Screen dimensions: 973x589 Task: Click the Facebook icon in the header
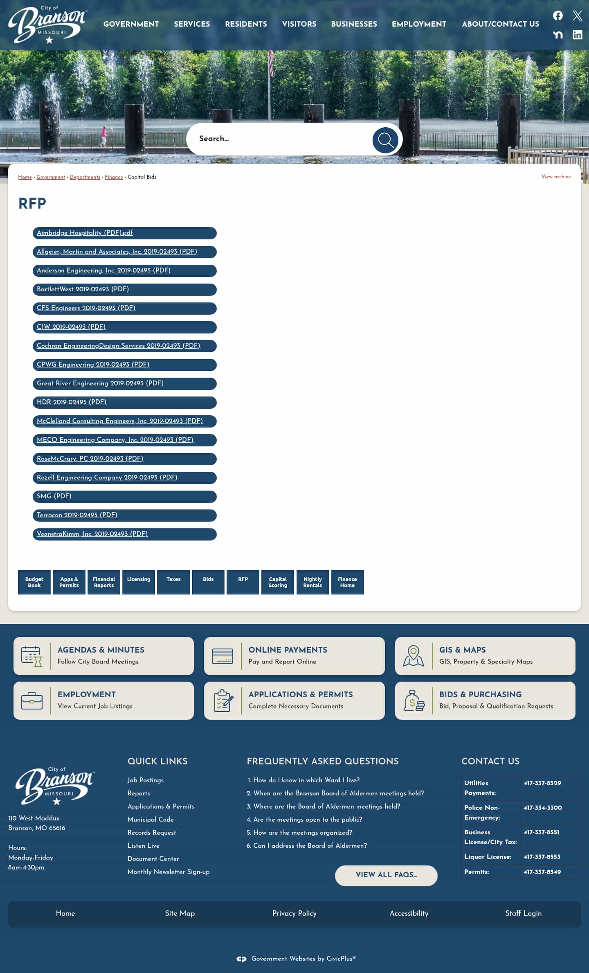point(558,16)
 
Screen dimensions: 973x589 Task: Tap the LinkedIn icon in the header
point(577,35)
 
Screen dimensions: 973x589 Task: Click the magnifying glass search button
point(385,140)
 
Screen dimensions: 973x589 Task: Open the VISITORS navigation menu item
point(299,24)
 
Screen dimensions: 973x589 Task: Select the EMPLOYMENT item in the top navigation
point(419,24)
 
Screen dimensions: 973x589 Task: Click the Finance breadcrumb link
point(114,177)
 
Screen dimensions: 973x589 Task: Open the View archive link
point(556,177)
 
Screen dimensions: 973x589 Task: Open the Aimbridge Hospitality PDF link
point(85,233)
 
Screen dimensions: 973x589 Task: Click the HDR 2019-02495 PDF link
point(72,402)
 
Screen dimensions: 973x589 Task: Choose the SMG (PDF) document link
point(54,496)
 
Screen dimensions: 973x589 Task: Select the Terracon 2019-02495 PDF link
point(77,515)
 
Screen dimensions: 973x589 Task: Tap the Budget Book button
point(34,582)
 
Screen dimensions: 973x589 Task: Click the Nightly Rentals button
point(312,582)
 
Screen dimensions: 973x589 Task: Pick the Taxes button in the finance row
point(173,579)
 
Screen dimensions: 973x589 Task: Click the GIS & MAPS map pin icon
point(413,655)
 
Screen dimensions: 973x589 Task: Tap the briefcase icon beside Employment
point(31,700)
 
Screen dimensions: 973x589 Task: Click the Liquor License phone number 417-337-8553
point(542,857)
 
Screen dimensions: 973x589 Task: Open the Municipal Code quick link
point(151,819)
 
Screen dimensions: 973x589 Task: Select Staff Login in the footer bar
point(523,913)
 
